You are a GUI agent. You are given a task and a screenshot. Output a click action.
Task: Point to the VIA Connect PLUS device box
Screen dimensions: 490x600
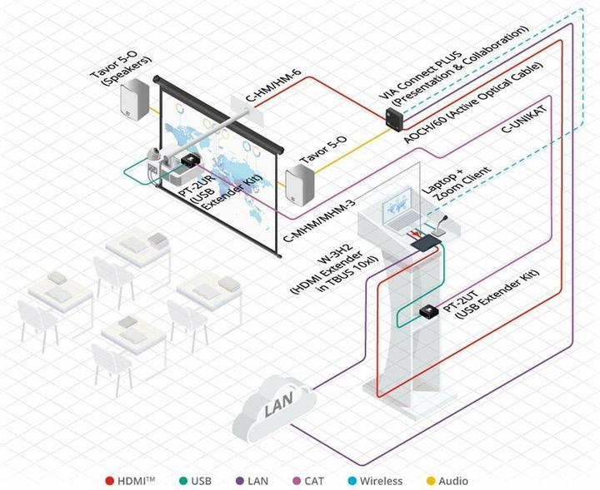click(x=392, y=117)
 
